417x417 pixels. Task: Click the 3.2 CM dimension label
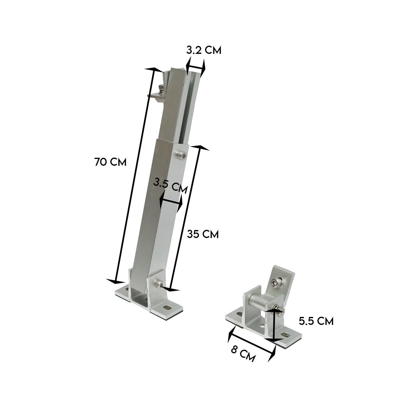(x=203, y=50)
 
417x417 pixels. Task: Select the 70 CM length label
(x=110, y=162)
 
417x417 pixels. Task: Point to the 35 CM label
(x=203, y=234)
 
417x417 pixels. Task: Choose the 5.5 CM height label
(x=316, y=321)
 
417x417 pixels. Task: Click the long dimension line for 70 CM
(x=135, y=175)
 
